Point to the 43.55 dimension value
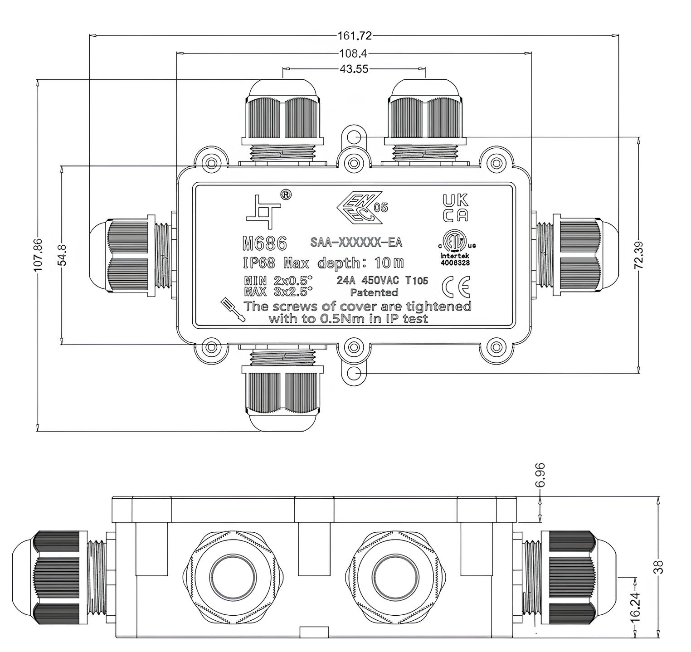354,69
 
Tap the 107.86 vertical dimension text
39,255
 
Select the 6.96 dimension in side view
540,475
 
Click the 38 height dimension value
658,567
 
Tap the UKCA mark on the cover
455,208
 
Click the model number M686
265,244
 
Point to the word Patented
374,292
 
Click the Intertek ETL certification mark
455,248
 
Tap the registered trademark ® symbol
286,195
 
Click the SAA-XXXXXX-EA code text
356,243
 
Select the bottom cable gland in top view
281,390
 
